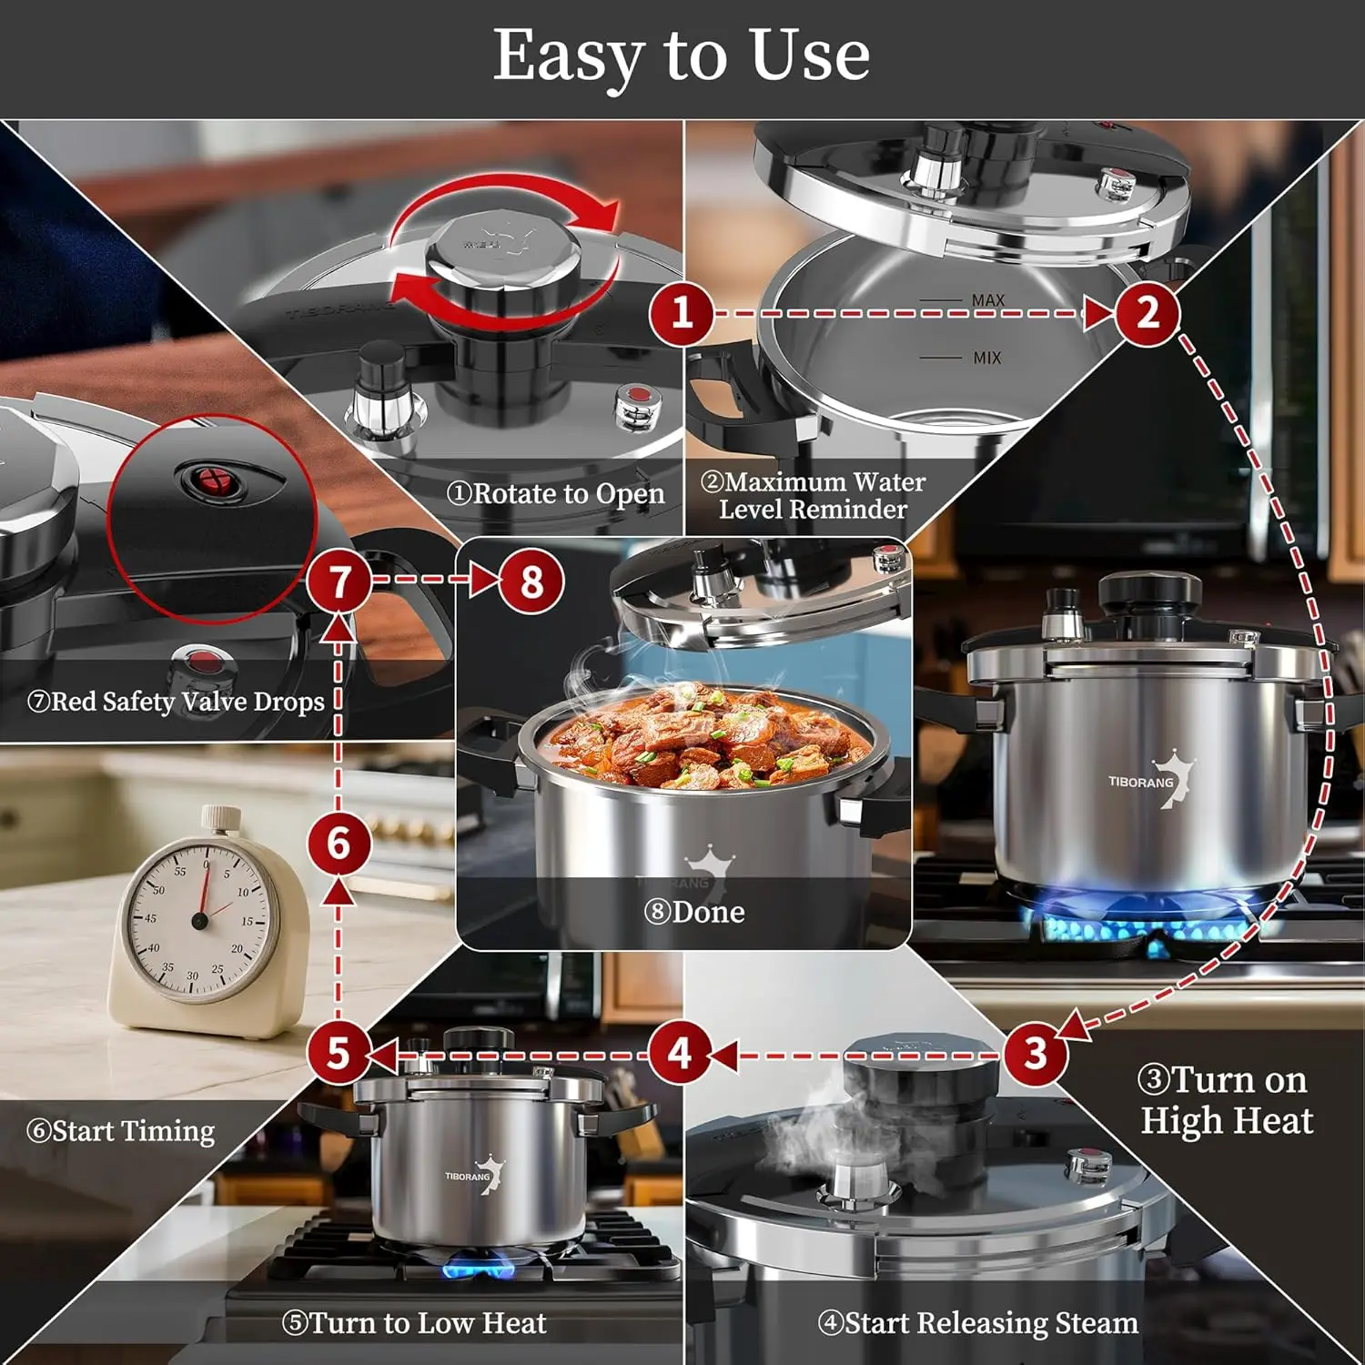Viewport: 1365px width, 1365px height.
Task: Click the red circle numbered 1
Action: click(x=682, y=313)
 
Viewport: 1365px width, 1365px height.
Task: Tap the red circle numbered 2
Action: click(x=1148, y=313)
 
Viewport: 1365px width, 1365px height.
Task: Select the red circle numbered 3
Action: click(x=1036, y=1054)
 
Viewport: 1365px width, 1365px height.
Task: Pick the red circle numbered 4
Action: click(x=679, y=1054)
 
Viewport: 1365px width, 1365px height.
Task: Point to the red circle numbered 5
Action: click(x=338, y=1054)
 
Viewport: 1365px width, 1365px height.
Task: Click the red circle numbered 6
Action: click(x=339, y=844)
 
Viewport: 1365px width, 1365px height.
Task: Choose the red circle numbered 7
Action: click(x=339, y=581)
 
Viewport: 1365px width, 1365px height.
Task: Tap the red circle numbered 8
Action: click(x=532, y=581)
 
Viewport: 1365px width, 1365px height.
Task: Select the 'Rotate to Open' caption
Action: click(x=555, y=493)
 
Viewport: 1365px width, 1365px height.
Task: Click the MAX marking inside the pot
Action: click(x=987, y=300)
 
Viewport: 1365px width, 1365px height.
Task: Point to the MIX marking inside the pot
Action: click(x=986, y=359)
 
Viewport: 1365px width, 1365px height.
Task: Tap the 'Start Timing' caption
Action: click(x=121, y=1131)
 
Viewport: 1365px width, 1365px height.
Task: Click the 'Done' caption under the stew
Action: click(x=694, y=912)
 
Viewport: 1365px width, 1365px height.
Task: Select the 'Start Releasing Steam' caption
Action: click(x=977, y=1322)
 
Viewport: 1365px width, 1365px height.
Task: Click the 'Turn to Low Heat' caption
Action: click(x=414, y=1322)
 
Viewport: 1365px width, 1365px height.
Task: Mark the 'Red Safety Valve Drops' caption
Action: click(x=176, y=702)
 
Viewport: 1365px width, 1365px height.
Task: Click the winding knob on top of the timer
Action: click(x=220, y=818)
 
